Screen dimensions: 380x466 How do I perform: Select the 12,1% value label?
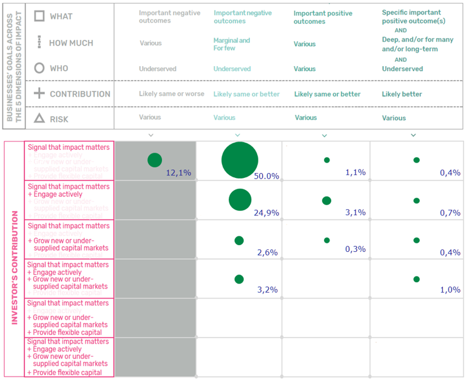point(178,172)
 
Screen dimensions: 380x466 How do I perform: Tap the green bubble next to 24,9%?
point(240,200)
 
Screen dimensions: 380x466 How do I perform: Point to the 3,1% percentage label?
point(355,212)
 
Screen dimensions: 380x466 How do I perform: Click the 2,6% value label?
point(267,253)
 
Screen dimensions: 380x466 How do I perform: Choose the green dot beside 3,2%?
point(239,279)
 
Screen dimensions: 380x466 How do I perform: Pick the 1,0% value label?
point(450,290)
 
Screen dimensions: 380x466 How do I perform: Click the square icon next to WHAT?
point(39,15)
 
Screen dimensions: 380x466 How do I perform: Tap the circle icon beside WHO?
point(39,68)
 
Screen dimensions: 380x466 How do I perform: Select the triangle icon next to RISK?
point(39,119)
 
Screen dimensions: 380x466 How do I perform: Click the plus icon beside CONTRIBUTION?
point(39,93)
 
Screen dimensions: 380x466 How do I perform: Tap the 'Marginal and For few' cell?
point(231,44)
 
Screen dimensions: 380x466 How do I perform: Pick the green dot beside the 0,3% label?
point(327,240)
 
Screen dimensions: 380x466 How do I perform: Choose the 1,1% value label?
point(355,172)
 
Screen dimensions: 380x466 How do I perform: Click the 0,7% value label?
point(450,212)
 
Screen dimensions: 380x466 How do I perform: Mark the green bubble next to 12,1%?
point(155,160)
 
